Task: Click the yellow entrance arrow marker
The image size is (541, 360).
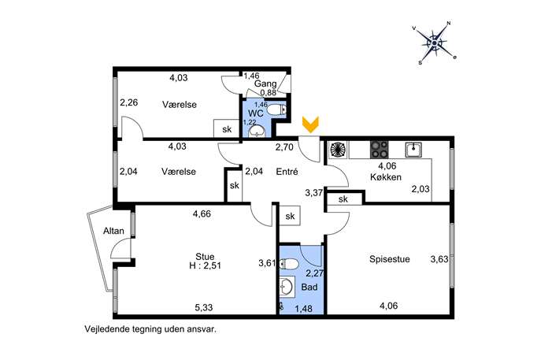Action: [x=310, y=124]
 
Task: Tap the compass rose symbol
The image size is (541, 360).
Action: [x=435, y=43]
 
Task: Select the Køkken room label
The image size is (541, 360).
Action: [x=386, y=177]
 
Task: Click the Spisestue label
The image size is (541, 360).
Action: [x=390, y=259]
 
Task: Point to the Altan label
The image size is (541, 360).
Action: [x=113, y=231]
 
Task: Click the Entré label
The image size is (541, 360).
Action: [x=287, y=172]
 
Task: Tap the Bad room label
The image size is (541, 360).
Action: [x=309, y=287]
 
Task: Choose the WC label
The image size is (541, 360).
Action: [x=256, y=113]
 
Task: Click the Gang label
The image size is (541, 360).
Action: [x=265, y=84]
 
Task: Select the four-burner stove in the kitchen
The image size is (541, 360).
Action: [x=380, y=150]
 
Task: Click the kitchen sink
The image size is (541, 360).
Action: [x=413, y=150]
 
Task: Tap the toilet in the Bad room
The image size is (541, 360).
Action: [x=289, y=265]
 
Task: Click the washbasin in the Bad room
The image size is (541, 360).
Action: [x=287, y=287]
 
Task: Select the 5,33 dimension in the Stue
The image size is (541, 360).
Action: [x=204, y=307]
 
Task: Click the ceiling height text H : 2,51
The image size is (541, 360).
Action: [x=205, y=265]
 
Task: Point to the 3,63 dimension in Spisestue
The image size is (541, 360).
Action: [x=439, y=259]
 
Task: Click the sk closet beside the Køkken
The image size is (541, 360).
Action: [x=343, y=199]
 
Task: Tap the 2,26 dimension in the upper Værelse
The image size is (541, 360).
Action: [x=128, y=102]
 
